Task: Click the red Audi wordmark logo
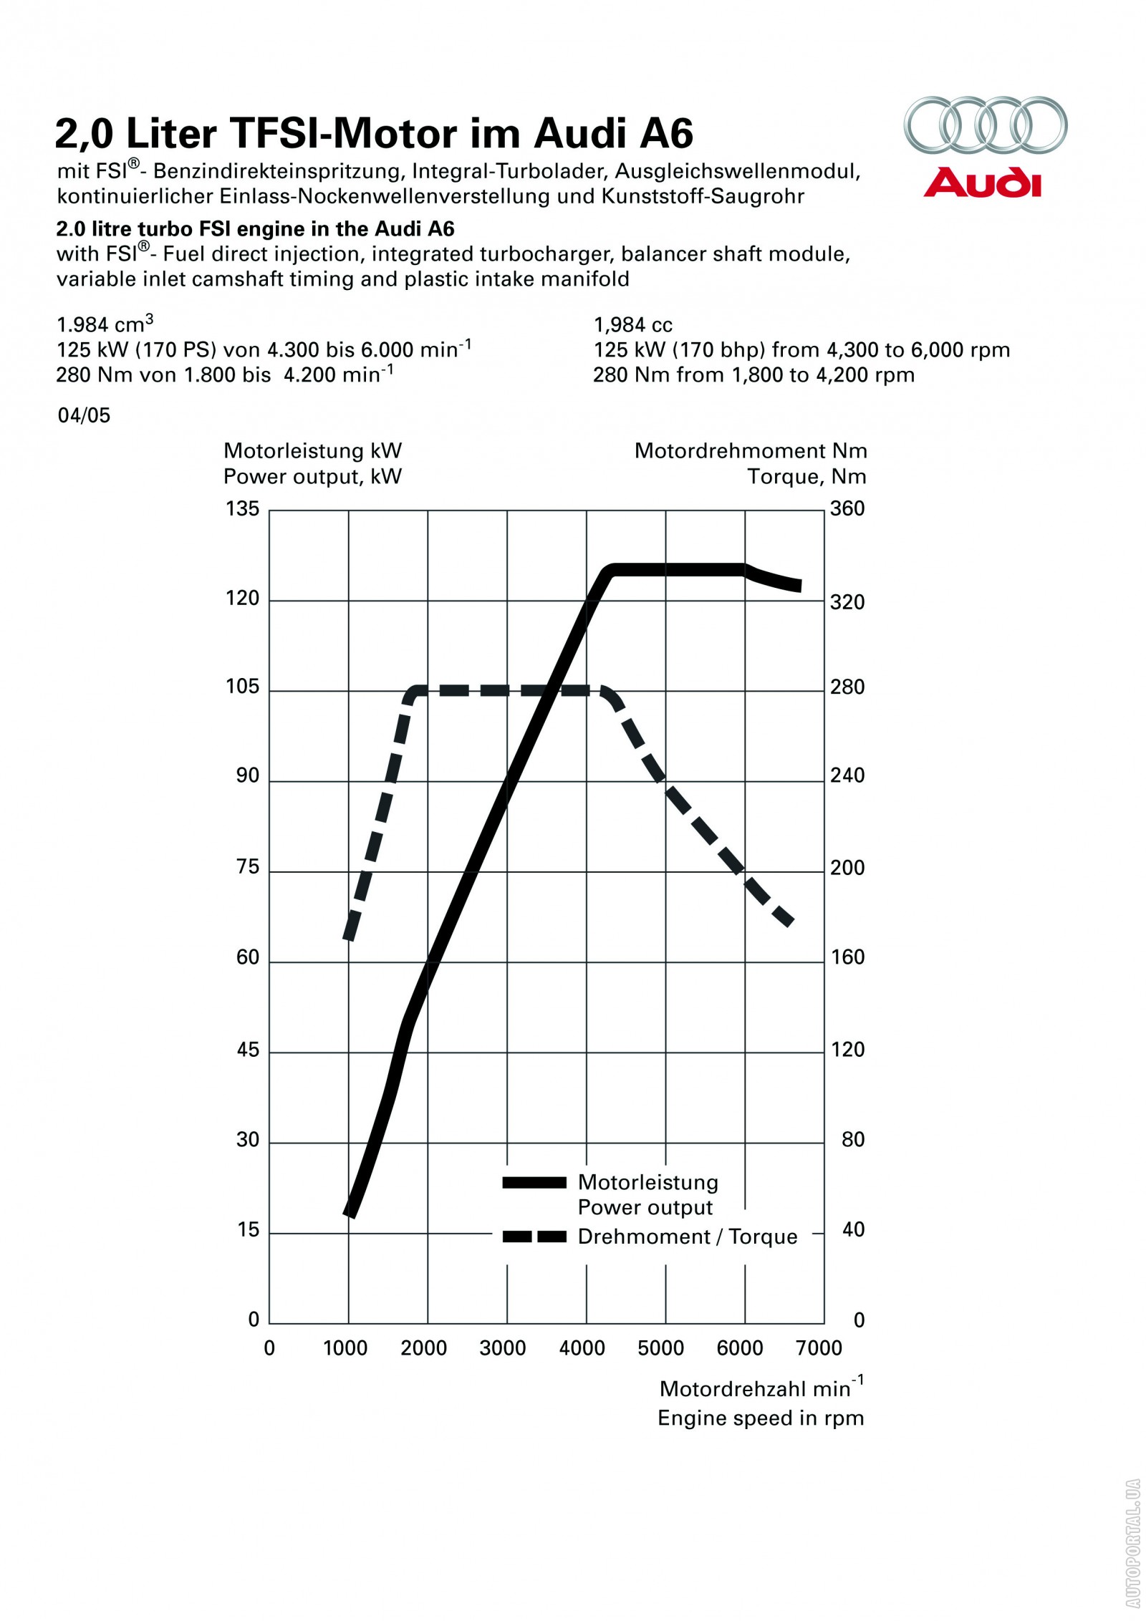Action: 981,183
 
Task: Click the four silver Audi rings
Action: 985,125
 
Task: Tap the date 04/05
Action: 84,416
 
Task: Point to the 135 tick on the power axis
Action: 242,509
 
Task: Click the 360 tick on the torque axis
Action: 847,509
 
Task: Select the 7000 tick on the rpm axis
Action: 819,1348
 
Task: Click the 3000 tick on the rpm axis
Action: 502,1348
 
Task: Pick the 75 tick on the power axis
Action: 248,867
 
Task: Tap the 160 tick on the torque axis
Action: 847,957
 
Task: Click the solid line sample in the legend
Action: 534,1183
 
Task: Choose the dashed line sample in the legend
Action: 534,1237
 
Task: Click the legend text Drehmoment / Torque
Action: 687,1237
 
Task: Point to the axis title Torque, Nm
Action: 806,477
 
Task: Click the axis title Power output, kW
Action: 312,477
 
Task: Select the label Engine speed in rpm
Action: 761,1418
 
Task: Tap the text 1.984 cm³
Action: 105,324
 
